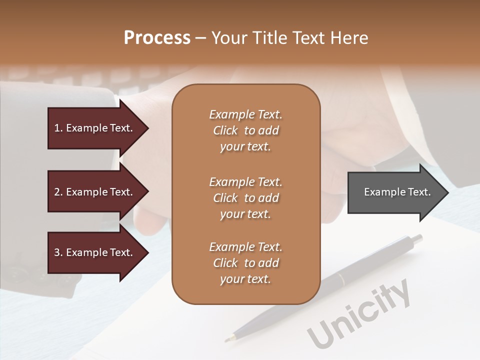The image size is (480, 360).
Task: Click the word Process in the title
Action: pos(157,38)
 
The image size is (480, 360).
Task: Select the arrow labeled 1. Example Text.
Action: pos(95,128)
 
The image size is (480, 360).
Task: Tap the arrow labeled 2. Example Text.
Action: pos(95,192)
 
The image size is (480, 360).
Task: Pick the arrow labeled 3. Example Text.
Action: pos(95,252)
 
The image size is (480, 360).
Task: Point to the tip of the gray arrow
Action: pos(447,192)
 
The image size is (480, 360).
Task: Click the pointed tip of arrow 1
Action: pos(147,128)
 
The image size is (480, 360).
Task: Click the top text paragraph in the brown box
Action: pos(245,130)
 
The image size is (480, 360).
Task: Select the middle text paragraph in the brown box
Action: pos(245,198)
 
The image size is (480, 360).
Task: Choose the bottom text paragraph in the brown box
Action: pos(245,263)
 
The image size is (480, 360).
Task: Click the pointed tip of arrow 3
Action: pos(147,252)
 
